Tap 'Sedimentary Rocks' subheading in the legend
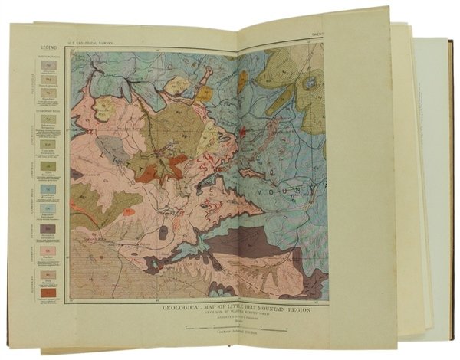click(37, 109)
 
